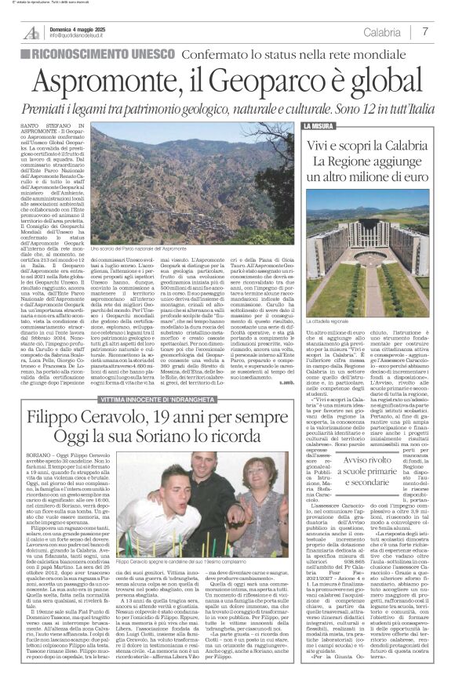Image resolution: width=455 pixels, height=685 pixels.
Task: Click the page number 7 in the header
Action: click(x=425, y=32)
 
